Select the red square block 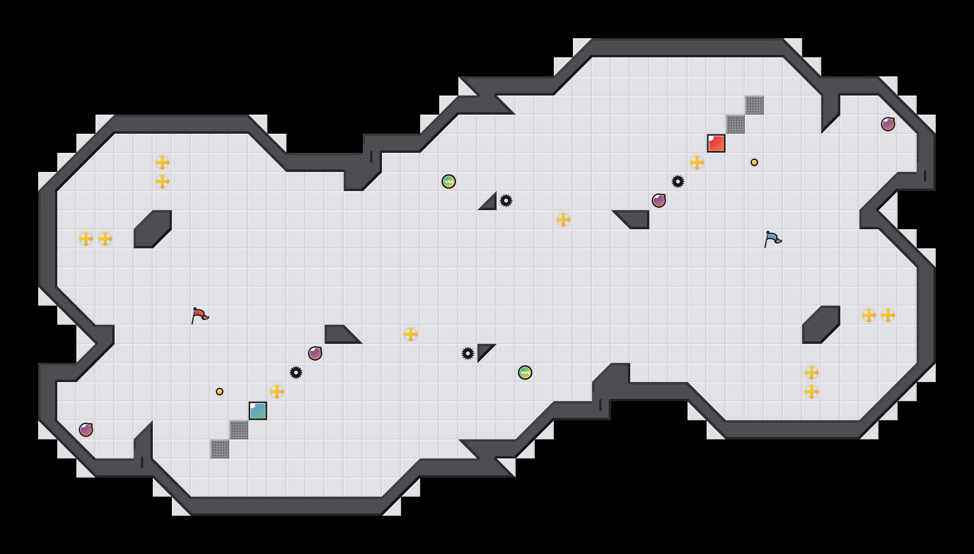coord(716,143)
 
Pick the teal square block coord(258,411)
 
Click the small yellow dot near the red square coord(754,162)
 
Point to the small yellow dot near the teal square coord(220,392)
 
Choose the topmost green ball coord(449,181)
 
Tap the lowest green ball coord(525,373)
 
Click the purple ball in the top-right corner coord(888,124)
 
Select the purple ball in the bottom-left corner coord(86,430)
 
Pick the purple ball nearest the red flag coord(315,353)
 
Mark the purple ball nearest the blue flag coord(659,201)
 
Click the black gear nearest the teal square coord(296,373)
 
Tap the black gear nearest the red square coord(678,181)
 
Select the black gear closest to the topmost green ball coord(506,201)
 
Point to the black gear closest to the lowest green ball coord(468,353)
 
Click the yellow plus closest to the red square coord(697,162)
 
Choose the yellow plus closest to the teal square coord(277,392)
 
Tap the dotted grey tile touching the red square coord(735,124)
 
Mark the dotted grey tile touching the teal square coord(239,430)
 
